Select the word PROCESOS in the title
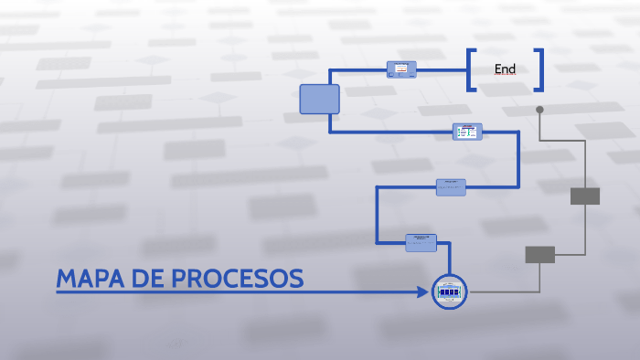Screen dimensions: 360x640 click(x=238, y=280)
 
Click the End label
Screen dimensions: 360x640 click(x=505, y=69)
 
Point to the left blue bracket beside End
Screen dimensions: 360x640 click(x=471, y=69)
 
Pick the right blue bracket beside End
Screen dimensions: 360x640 click(x=539, y=69)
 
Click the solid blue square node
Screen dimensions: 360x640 click(x=319, y=99)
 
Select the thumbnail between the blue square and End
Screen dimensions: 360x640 click(x=401, y=69)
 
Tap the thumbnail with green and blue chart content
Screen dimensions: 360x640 click(x=467, y=132)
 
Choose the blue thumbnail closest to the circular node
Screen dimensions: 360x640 click(x=421, y=242)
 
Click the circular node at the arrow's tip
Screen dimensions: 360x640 click(x=449, y=291)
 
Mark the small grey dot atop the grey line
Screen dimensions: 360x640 click(x=539, y=110)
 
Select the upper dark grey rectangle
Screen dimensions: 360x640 click(x=585, y=196)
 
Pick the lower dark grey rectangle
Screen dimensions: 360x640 click(x=539, y=255)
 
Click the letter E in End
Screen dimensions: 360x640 click(x=498, y=69)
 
